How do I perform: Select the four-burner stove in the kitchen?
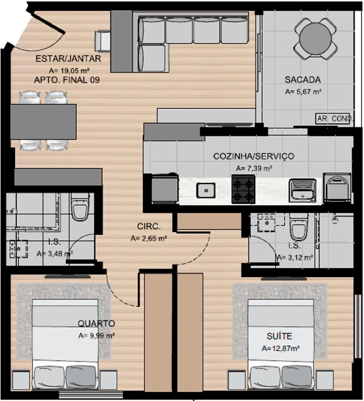pos(243,189)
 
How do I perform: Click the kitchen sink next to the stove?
pos(206,190)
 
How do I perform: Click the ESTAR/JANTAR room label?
pos(68,59)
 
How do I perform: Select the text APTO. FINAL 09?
pos(67,80)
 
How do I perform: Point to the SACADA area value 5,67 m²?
pos(303,92)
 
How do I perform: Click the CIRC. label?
pos(149,227)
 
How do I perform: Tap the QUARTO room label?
pos(96,323)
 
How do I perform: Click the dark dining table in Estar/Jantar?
pos(43,122)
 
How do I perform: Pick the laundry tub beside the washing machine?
pos(302,190)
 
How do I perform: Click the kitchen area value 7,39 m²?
pos(254,168)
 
